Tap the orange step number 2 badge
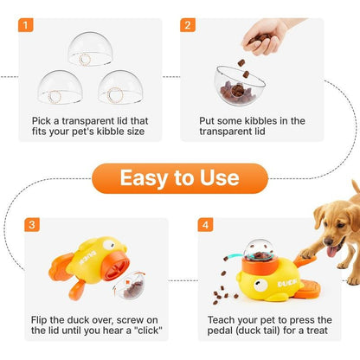click(x=188, y=24)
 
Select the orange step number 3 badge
click(x=32, y=224)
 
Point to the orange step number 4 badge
click(x=205, y=224)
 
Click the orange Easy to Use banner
click(x=179, y=177)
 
